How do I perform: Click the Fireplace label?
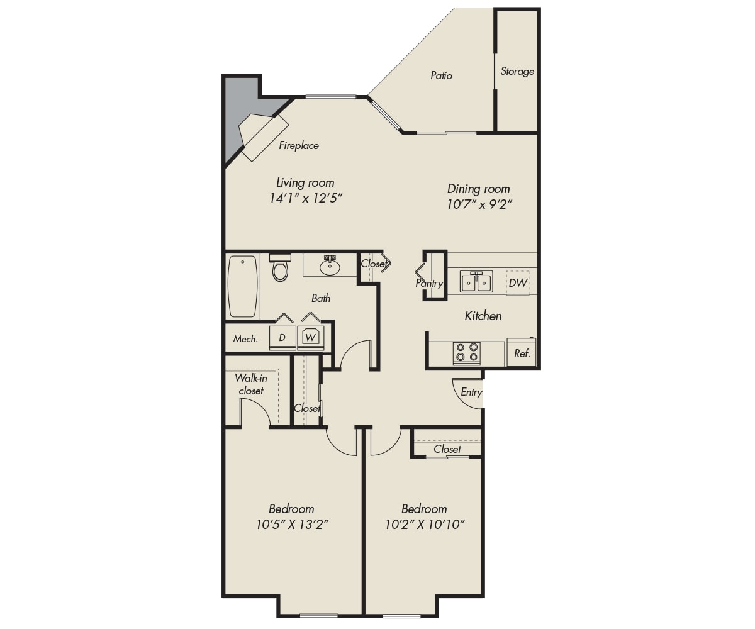pos(299,146)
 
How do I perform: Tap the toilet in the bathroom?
pos(280,267)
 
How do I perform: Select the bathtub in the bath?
pos(243,286)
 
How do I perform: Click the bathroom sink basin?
pos(330,267)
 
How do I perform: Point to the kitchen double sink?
pos(476,281)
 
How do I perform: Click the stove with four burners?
pos(466,352)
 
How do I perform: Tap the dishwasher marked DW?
pos(517,282)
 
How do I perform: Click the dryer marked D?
pos(282,338)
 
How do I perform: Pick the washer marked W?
pos(311,338)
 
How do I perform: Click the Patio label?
pos(441,75)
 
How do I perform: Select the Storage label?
pos(517,71)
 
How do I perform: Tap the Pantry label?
pos(429,284)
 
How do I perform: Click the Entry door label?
pos(471,392)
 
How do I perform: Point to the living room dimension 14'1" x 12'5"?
pos(306,198)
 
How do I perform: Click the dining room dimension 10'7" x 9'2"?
pos(479,204)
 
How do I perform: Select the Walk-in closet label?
pos(251,384)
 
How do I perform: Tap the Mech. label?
pos(245,339)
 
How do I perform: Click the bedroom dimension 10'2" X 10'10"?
pos(425,524)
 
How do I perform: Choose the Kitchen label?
pos(483,316)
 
